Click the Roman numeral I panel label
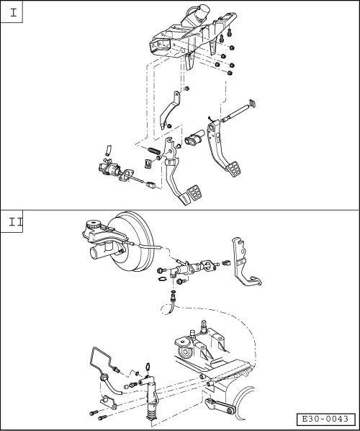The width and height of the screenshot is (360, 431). [13, 13]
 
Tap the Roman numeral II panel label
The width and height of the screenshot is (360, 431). [15, 221]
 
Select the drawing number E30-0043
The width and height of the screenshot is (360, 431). [325, 419]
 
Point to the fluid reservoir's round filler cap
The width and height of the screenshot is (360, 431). [92, 224]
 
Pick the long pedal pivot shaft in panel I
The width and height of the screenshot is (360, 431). [238, 112]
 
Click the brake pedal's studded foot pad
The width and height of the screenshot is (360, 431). [233, 169]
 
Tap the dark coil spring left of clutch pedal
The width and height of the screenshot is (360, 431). [155, 151]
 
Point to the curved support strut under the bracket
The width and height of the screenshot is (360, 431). [169, 110]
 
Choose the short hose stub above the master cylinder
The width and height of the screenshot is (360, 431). [109, 150]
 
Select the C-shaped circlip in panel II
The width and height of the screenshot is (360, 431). [163, 279]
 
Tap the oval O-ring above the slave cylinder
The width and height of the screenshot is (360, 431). [148, 366]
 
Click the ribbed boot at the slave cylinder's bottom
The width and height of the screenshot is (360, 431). [151, 411]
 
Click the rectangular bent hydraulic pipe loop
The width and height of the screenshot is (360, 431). [101, 357]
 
